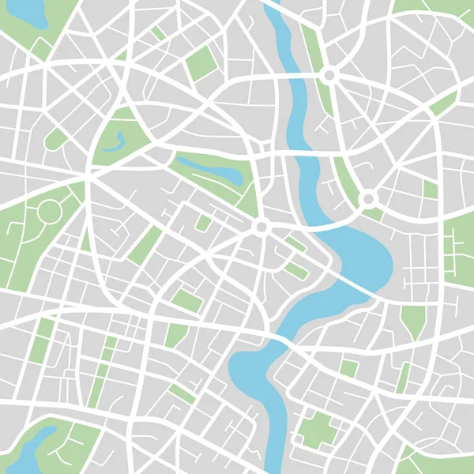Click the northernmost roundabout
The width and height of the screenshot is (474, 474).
(x=329, y=74)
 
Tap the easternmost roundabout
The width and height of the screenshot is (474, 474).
(x=368, y=199)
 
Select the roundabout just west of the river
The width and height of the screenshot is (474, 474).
(x=260, y=228)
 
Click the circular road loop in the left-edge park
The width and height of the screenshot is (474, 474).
(x=48, y=211)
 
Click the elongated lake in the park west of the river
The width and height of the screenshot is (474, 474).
(x=209, y=169)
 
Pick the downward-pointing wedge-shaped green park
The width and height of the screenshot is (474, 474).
(x=412, y=320)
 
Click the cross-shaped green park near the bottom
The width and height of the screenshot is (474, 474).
(x=319, y=427)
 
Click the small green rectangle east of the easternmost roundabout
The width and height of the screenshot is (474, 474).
(x=430, y=190)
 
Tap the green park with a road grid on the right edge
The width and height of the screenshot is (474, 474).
(x=458, y=253)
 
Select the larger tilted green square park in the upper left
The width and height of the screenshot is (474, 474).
(x=201, y=63)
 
